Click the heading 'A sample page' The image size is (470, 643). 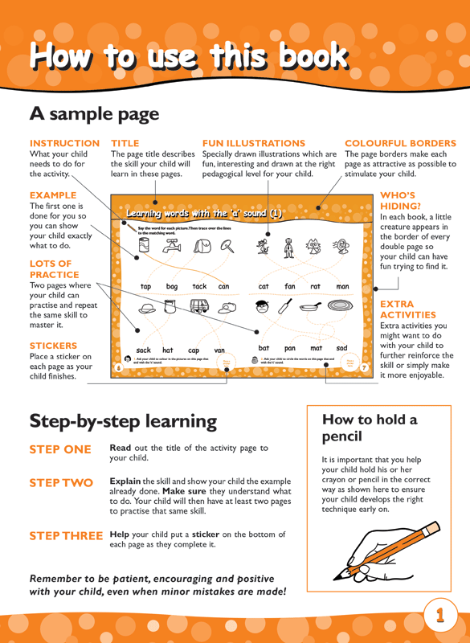[x=94, y=114]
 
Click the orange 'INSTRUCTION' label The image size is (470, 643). [x=64, y=143]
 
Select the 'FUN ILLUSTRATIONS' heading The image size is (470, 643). [x=254, y=143]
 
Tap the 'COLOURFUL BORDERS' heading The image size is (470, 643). [x=400, y=143]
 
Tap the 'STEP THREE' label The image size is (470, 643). [x=66, y=535]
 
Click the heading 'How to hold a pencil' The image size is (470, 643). [x=370, y=428]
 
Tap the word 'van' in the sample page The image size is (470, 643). [x=219, y=350]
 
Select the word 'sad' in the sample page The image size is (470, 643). [x=341, y=348]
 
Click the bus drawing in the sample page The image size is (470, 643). [x=198, y=306]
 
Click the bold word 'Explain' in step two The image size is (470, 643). [x=126, y=481]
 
